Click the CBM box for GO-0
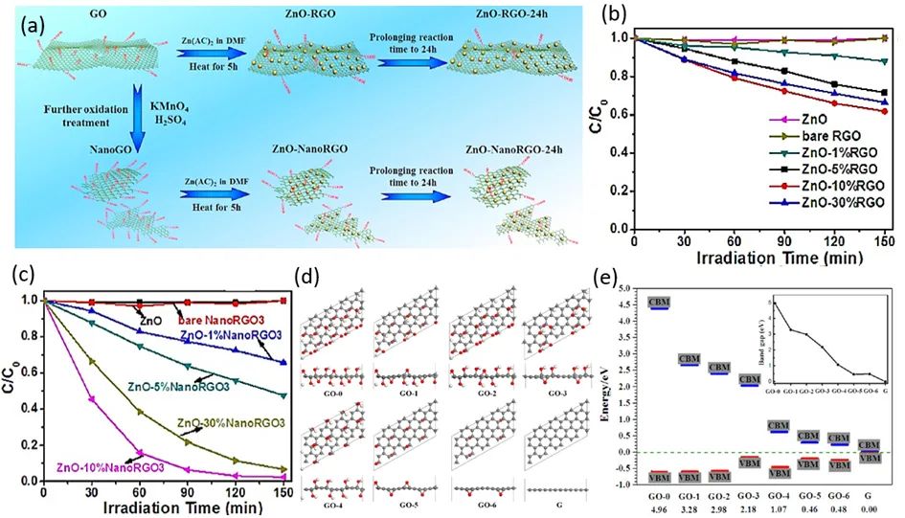659,304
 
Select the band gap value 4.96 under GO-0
659,510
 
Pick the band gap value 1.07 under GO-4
780,510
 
